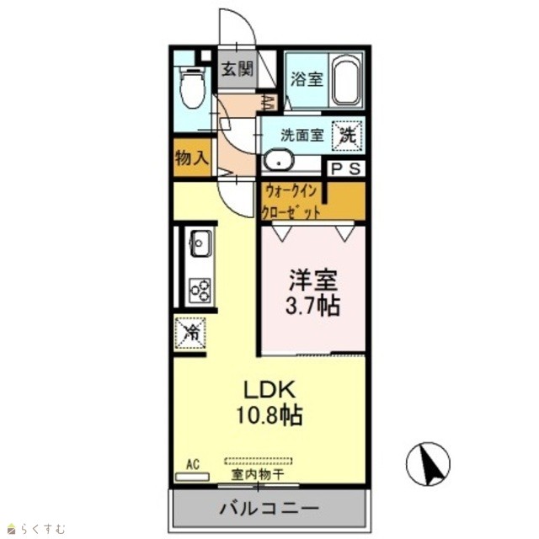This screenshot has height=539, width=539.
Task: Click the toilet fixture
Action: coord(193,88)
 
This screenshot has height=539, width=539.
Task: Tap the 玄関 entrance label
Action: coord(237,69)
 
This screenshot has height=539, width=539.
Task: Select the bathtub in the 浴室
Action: coord(346,80)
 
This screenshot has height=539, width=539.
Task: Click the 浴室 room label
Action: coord(307,79)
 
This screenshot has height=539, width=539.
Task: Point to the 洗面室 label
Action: coord(302,135)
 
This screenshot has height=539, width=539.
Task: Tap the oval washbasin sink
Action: coord(278,160)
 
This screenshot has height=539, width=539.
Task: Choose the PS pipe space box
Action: coord(345,168)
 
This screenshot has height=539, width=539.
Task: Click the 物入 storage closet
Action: coord(191,157)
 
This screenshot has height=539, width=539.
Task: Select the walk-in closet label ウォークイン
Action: coord(291,191)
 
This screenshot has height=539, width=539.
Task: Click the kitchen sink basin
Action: coord(200,243)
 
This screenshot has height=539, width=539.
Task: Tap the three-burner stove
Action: coord(200,291)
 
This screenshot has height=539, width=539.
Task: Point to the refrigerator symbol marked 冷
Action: coord(190,333)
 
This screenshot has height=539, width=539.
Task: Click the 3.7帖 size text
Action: coord(312,305)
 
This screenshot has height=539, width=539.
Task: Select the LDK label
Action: coord(269,389)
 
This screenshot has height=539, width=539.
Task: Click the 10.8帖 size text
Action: coord(269,415)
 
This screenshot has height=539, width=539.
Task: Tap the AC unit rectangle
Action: coord(192,477)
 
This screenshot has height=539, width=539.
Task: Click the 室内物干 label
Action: coord(258,475)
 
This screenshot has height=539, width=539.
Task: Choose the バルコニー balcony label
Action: coord(269,508)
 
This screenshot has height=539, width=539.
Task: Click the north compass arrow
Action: coord(429,464)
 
